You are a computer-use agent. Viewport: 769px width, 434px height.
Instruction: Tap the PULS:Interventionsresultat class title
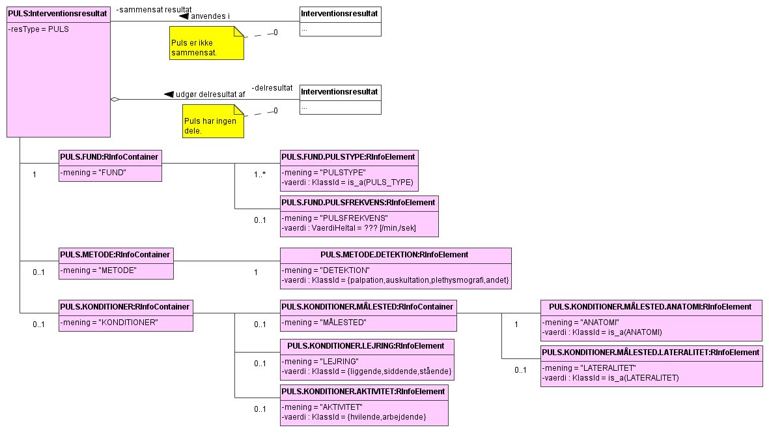(x=57, y=13)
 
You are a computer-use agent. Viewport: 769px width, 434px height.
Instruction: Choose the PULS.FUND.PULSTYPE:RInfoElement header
(x=348, y=156)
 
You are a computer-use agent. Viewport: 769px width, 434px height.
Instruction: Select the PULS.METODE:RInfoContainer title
(x=116, y=254)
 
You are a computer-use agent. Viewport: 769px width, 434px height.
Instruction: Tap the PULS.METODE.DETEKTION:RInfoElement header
(x=395, y=254)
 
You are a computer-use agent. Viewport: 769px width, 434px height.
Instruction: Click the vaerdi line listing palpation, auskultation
(x=395, y=280)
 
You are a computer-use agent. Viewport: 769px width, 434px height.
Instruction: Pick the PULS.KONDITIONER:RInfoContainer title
(x=125, y=306)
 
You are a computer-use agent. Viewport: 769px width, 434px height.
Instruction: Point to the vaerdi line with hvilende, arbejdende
(x=354, y=416)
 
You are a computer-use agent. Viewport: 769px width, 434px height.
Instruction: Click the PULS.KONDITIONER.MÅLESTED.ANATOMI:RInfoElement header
(x=650, y=306)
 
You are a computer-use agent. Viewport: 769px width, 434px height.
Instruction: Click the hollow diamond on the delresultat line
(x=115, y=100)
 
